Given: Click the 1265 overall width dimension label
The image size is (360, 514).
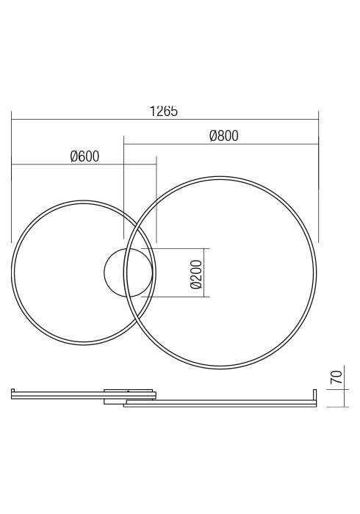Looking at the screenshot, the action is (164, 111).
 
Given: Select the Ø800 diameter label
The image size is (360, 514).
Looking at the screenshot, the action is (224, 136).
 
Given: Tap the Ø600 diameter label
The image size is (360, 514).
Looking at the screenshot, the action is (84, 156).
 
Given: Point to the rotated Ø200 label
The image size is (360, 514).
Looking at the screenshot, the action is (196, 275).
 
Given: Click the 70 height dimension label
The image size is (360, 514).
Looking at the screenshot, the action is (336, 377).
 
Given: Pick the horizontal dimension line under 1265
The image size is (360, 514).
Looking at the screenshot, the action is (165, 120).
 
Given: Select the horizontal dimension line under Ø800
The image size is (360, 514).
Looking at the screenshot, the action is (221, 144).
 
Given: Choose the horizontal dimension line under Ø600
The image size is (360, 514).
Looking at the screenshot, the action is (84, 164).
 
